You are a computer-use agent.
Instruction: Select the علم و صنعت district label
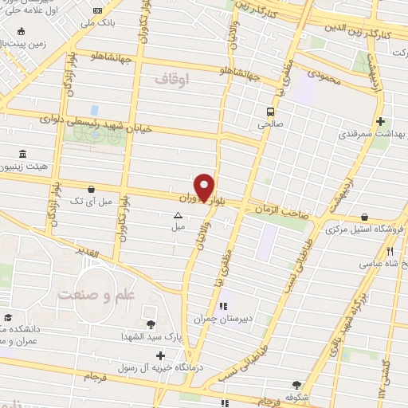92,294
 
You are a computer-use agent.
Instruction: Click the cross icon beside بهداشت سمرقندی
382,122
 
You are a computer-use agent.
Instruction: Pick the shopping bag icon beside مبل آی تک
93,189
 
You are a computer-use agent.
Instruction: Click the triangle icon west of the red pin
178,214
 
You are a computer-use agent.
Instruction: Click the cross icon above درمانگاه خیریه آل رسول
161,355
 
